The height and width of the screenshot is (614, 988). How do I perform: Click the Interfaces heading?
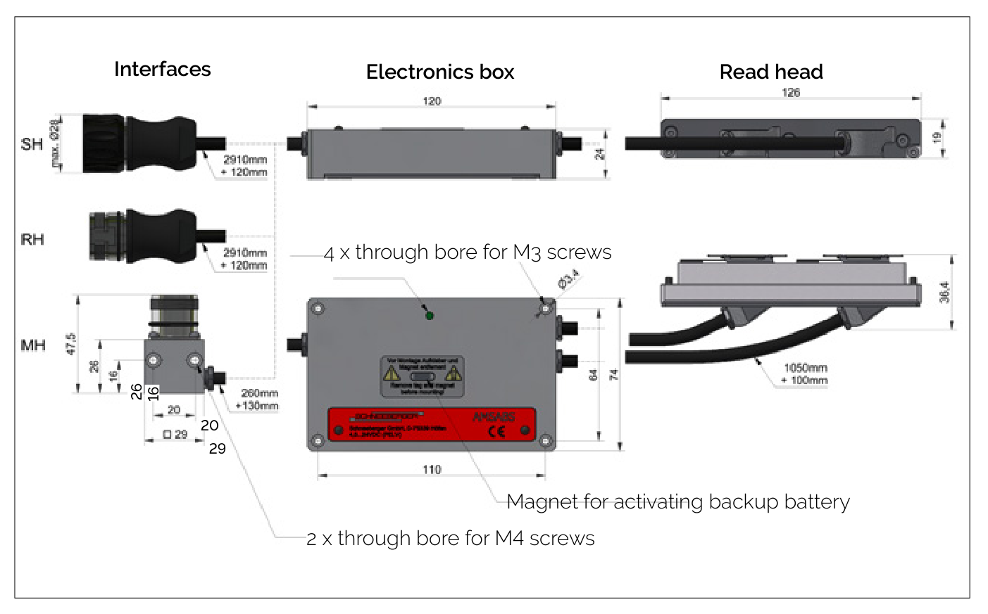coord(162,69)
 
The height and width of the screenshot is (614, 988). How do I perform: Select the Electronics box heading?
coord(440,72)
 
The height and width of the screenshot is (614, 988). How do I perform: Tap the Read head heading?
coord(771,72)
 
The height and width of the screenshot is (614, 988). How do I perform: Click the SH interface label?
coord(32,144)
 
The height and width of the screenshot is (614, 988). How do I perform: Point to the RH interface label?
coord(32,239)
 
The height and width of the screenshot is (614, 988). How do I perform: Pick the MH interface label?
coord(33,345)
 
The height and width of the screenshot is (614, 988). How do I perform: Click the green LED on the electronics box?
coord(429,315)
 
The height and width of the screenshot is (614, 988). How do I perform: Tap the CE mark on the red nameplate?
coord(497,431)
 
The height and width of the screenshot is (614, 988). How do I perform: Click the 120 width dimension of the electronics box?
coord(432,101)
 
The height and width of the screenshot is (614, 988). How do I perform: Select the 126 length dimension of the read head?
coord(791,93)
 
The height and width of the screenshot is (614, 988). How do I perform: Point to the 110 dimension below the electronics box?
coord(432,469)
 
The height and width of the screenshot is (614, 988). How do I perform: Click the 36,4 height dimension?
coord(944,293)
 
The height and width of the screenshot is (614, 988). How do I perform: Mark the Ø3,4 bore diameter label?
coord(568,279)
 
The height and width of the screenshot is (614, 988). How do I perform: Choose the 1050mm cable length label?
coord(806,368)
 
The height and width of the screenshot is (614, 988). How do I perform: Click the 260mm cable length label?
coord(259,393)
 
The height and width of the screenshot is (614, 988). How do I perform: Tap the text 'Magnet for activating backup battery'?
coord(678,501)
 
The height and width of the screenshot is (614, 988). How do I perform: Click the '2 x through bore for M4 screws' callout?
coord(451,538)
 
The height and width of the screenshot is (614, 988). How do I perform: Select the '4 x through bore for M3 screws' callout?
coord(468,252)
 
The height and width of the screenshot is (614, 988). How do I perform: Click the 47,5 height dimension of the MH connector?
coord(70,344)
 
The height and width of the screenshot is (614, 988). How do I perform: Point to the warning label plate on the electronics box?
coord(423,376)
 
